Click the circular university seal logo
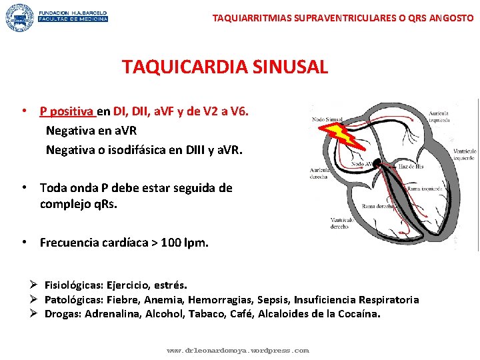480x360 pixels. point(19,17)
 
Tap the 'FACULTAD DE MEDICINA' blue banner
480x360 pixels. point(73,19)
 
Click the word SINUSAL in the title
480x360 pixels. point(288,67)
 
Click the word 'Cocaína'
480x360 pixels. point(358,313)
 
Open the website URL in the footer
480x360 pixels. point(237,349)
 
